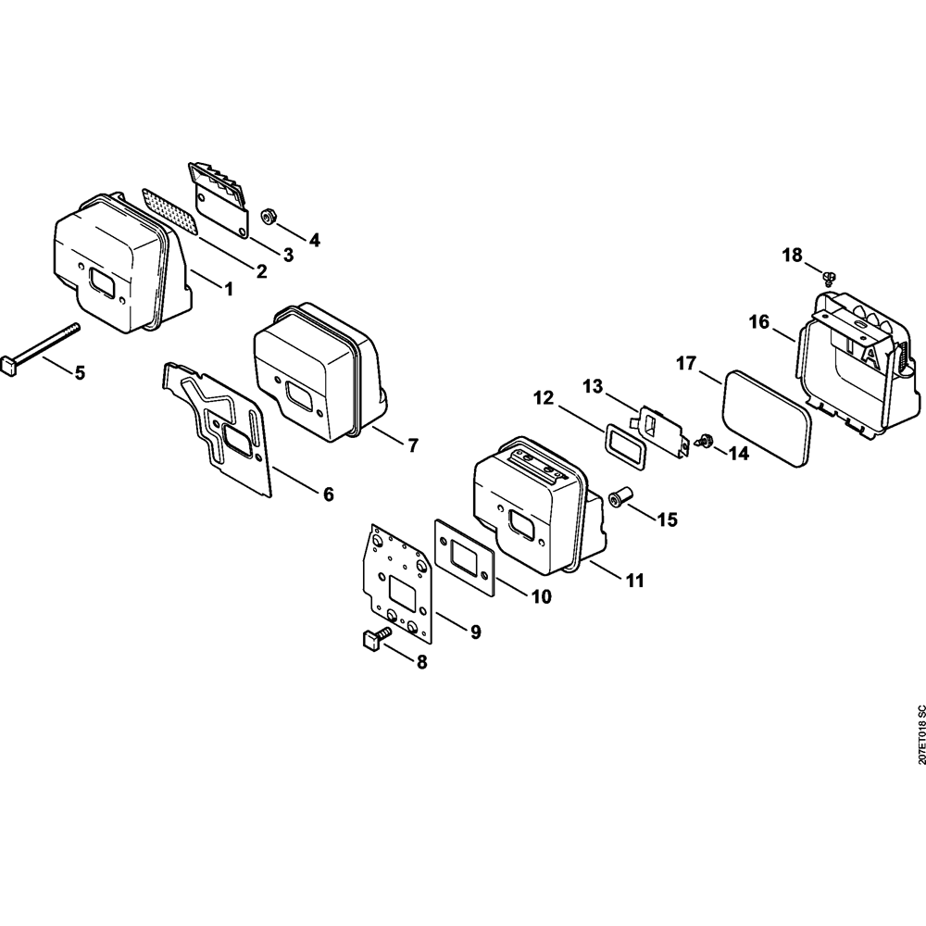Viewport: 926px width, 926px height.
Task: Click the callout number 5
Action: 80,372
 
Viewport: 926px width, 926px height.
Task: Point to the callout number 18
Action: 792,256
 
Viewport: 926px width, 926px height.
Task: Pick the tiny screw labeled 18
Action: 829,276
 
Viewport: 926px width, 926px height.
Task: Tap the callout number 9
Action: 475,632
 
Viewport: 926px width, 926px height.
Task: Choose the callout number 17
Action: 685,364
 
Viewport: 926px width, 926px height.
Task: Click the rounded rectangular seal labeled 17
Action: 766,417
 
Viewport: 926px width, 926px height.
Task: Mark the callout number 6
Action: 328,494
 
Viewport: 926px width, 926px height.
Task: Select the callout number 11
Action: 634,581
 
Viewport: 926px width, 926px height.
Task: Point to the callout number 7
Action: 412,444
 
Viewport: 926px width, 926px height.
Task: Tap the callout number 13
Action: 592,384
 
